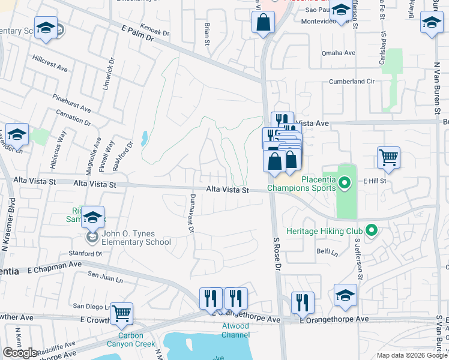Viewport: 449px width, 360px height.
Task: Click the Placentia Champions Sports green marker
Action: coord(345,182)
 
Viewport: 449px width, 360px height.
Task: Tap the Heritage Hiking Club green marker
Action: coord(372,230)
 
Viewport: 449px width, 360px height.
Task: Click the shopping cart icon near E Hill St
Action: coord(388,157)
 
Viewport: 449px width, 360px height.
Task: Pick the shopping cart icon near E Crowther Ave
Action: coord(121,313)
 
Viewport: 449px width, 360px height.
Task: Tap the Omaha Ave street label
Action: coord(339,53)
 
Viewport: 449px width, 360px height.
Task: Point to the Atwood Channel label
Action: coord(235,330)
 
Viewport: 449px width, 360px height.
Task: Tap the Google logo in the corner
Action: coord(20,352)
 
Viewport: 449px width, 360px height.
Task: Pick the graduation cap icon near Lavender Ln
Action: coord(17,134)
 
